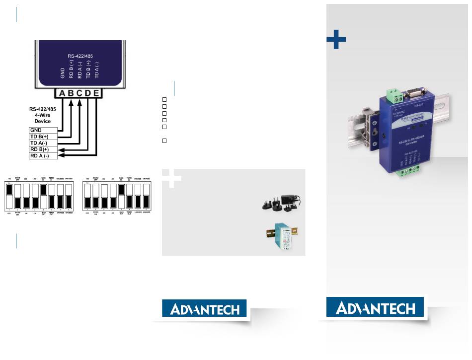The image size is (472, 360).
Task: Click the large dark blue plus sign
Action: [336, 39]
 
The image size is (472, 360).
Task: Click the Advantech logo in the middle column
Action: [205, 309]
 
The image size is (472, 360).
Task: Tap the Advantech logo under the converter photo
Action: [375, 308]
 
